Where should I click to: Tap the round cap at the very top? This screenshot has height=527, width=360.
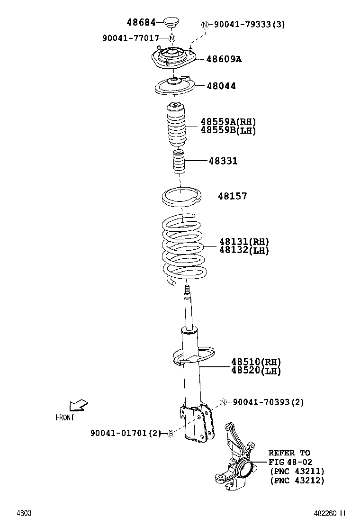click(171, 22)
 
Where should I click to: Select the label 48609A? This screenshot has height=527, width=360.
click(224, 59)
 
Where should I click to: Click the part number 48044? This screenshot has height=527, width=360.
click(221, 86)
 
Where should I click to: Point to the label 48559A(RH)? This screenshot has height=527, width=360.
click(228, 122)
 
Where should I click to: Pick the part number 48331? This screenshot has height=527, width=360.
click(223, 161)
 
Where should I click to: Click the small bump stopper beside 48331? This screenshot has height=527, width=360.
click(179, 162)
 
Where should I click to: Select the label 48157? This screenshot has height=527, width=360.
click(232, 196)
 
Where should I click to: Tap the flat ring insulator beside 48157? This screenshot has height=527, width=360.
click(182, 196)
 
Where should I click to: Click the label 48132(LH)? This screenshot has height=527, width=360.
click(243, 250)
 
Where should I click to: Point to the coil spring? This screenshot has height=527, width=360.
click(184, 249)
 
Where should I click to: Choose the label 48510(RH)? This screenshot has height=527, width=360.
click(256, 362)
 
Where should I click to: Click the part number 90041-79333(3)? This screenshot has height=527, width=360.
click(249, 25)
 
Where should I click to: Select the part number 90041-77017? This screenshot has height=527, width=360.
click(131, 38)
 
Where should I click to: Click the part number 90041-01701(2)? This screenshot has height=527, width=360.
click(126, 433)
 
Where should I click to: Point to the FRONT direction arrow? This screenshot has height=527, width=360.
click(78, 405)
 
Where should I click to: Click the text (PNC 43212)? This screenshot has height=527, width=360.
click(297, 480)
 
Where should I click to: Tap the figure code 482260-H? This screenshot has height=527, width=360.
click(329, 513)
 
